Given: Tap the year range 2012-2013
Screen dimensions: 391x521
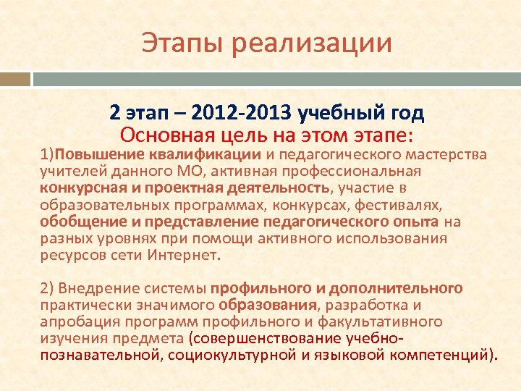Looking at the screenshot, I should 240,114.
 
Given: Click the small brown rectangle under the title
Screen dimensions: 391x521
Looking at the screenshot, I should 15,79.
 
